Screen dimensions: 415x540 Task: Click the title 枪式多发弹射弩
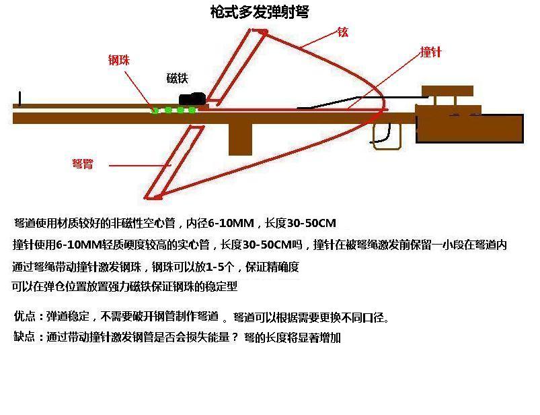[259, 12]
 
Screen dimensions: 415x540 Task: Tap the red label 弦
[343, 32]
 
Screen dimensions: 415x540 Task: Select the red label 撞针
[430, 53]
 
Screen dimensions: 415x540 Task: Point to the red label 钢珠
[119, 61]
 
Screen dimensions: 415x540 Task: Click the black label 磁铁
[177, 78]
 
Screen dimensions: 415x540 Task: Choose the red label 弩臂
[82, 164]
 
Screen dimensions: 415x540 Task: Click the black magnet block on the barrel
[191, 99]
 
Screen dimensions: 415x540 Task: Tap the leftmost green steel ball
[155, 110]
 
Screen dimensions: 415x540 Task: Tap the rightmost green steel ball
[192, 110]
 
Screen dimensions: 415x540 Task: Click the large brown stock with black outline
[469, 129]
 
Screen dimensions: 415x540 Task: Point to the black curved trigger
[381, 134]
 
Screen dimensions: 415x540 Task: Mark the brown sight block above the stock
[447, 91]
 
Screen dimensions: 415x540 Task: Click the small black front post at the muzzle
[20, 99]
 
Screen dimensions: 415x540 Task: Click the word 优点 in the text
[24, 317]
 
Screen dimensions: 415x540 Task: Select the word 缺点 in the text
[24, 337]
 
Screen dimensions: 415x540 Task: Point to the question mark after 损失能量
[235, 337]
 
